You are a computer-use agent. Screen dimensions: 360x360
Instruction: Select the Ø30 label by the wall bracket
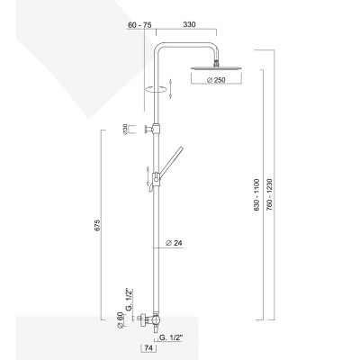point(127,130)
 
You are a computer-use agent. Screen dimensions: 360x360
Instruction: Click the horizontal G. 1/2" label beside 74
point(172,337)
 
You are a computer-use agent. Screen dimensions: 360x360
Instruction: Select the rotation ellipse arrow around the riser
point(157,89)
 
